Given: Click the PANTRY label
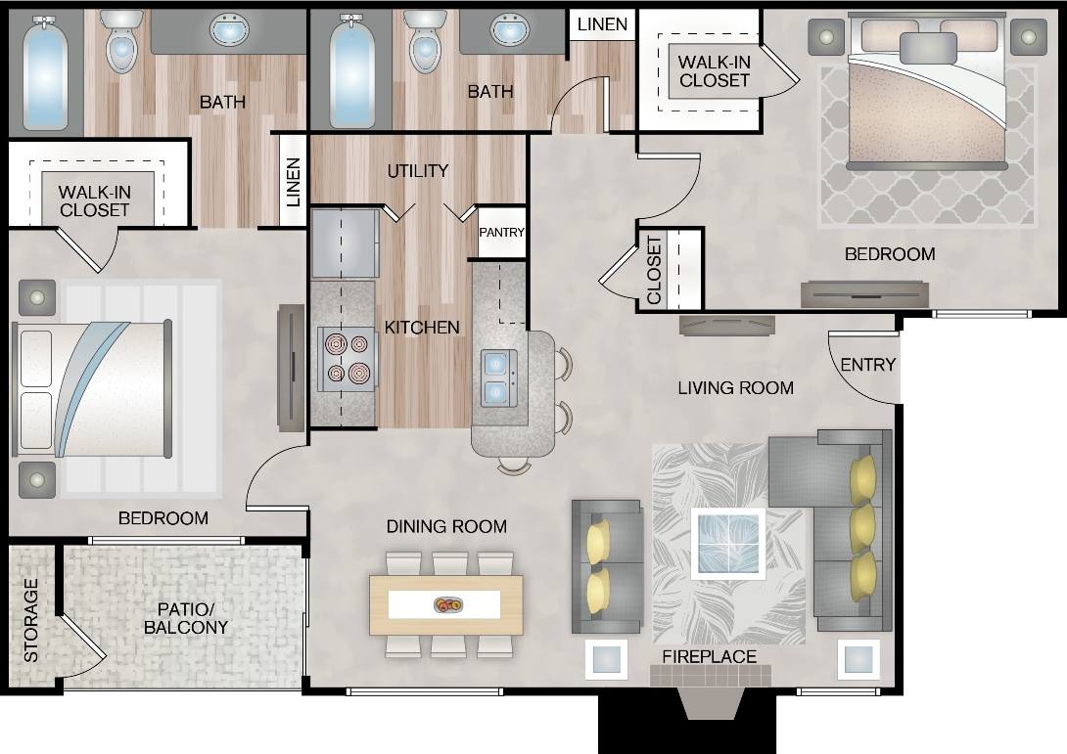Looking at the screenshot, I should point(501,233).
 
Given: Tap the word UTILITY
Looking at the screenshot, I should point(418,170).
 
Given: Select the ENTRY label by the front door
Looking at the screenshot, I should point(867,365).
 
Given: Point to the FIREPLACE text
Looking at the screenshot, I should point(710,656).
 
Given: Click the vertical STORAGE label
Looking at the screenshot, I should point(31,620).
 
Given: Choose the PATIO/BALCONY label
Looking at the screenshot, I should point(186,618).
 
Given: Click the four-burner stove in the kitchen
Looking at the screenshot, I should point(348,358).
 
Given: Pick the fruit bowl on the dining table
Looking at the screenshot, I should point(448,605).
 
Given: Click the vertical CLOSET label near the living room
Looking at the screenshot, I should point(654,270).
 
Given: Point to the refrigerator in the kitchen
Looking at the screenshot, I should point(345,243).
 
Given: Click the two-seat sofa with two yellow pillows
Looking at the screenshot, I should point(607,567).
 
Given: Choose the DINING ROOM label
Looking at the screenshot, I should point(446,527).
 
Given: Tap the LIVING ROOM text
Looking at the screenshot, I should point(735,388).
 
